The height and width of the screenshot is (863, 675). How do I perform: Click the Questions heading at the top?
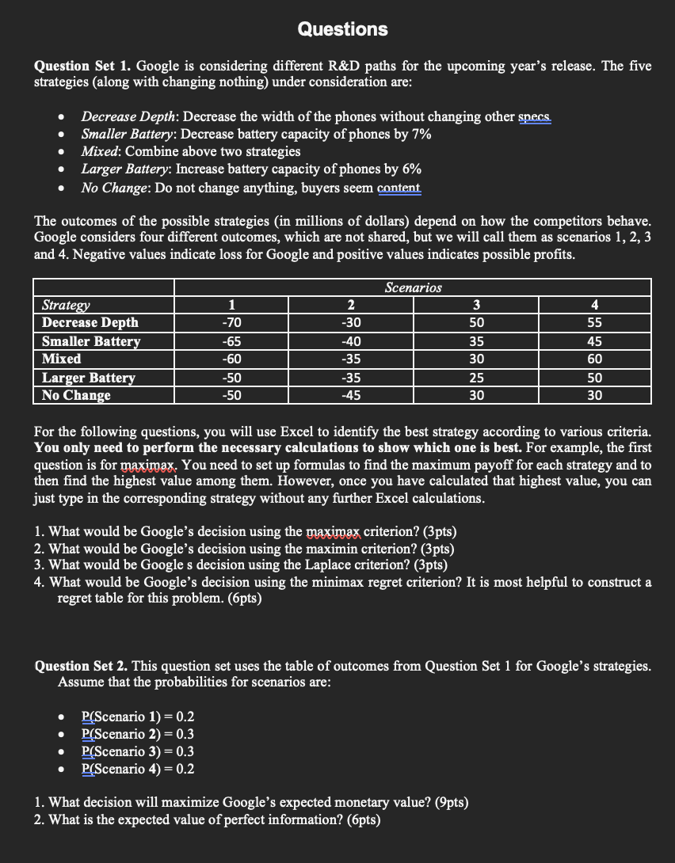coord(342,29)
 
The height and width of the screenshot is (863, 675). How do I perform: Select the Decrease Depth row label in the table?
coord(90,322)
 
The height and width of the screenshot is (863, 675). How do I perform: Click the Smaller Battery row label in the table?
coord(91,341)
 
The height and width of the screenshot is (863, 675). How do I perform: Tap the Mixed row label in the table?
coord(61,359)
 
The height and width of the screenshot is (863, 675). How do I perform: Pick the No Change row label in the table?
coord(76,395)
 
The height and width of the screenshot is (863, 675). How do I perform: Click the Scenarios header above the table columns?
coord(413,287)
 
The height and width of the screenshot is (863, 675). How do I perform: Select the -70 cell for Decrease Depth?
coord(231,322)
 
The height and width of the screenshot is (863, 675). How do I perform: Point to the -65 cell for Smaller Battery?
coord(231,341)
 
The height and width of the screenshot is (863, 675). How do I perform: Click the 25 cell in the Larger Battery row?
coord(475,378)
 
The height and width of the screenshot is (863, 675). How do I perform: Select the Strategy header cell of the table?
coord(66,305)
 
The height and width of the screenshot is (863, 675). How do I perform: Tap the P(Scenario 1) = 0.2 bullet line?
coord(138,717)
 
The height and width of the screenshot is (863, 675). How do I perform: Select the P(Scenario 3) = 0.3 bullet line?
coord(138,752)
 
